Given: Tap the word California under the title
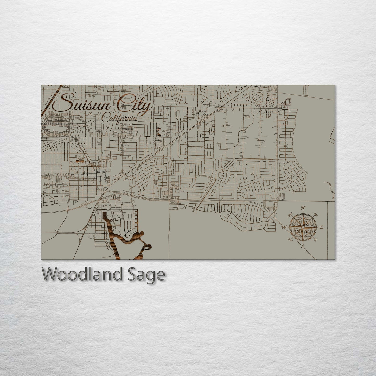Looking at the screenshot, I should click(119, 118).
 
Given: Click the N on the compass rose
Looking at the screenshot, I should click(303, 208).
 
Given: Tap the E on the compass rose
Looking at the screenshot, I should click(322, 227).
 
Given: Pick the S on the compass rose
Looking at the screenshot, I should click(302, 247).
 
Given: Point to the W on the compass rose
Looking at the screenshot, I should click(284, 227).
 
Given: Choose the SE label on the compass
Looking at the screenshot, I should click(316, 240).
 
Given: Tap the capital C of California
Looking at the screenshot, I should click(105, 118).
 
